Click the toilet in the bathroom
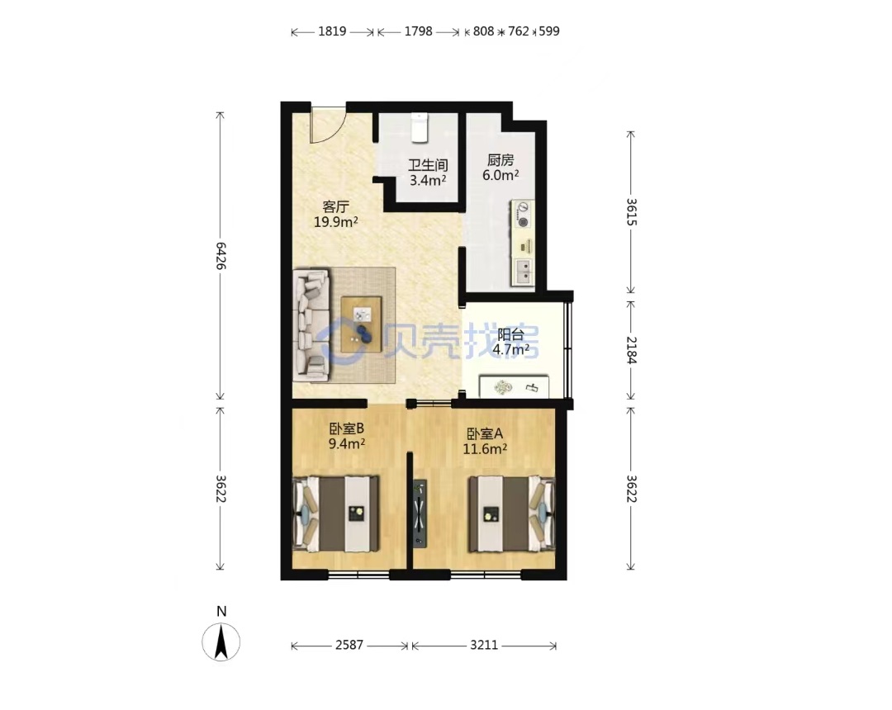[x=420, y=127]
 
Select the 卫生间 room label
[x=428, y=165]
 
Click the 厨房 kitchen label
[x=500, y=160]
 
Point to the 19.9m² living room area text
[x=335, y=222]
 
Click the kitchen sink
[x=524, y=272]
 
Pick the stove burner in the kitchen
[x=523, y=215]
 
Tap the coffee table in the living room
[x=361, y=324]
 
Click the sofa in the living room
[x=311, y=324]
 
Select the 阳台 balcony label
[x=511, y=334]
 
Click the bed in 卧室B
[x=335, y=514]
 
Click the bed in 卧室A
[x=511, y=514]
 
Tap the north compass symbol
[x=221, y=641]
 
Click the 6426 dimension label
[x=221, y=256]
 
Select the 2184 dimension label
[x=631, y=349]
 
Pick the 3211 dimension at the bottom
[x=484, y=646]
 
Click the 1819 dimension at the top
[x=332, y=31]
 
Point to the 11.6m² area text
[x=485, y=449]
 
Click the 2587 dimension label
[x=349, y=646]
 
